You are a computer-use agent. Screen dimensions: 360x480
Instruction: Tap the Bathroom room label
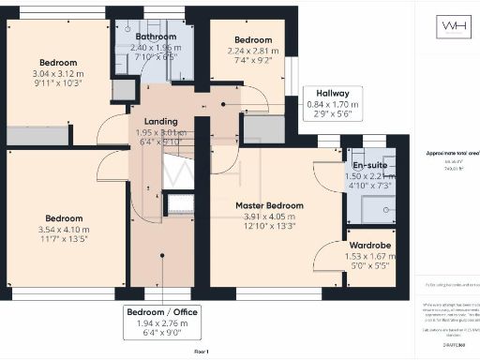pos(153,37)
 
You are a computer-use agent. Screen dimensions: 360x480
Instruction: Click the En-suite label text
pos(365,164)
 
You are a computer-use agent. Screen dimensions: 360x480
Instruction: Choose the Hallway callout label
pos(333,94)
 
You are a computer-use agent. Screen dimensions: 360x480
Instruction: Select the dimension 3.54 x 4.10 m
pos(63,229)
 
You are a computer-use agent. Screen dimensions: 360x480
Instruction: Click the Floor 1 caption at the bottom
pos(202,351)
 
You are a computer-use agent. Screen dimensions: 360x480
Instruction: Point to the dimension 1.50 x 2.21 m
pos(365,175)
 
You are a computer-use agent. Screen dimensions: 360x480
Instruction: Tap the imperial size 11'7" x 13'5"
pos(63,239)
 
